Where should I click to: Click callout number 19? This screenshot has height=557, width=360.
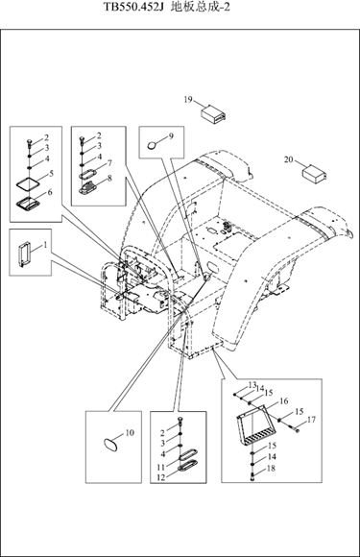188,100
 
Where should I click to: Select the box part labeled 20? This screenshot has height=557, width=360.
314,174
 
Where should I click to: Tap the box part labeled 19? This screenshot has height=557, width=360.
214,113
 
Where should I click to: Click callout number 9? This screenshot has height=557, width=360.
171,136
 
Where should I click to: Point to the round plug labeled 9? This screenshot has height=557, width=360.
153,145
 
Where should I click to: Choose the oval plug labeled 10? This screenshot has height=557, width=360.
110,445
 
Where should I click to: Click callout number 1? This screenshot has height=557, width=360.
45,244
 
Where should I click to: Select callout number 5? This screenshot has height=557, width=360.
51,174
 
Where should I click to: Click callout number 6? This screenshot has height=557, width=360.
50,192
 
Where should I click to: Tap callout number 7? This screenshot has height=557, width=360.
109,163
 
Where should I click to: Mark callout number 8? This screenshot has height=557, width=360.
109,178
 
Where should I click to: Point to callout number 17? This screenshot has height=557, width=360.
311,420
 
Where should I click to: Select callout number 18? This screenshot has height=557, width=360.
271,469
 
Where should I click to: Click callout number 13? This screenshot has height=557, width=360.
252,385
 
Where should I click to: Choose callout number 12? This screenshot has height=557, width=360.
161,477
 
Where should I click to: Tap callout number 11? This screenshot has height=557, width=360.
161,467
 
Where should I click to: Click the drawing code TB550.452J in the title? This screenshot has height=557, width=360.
133,7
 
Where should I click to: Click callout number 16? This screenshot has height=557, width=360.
283,401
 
